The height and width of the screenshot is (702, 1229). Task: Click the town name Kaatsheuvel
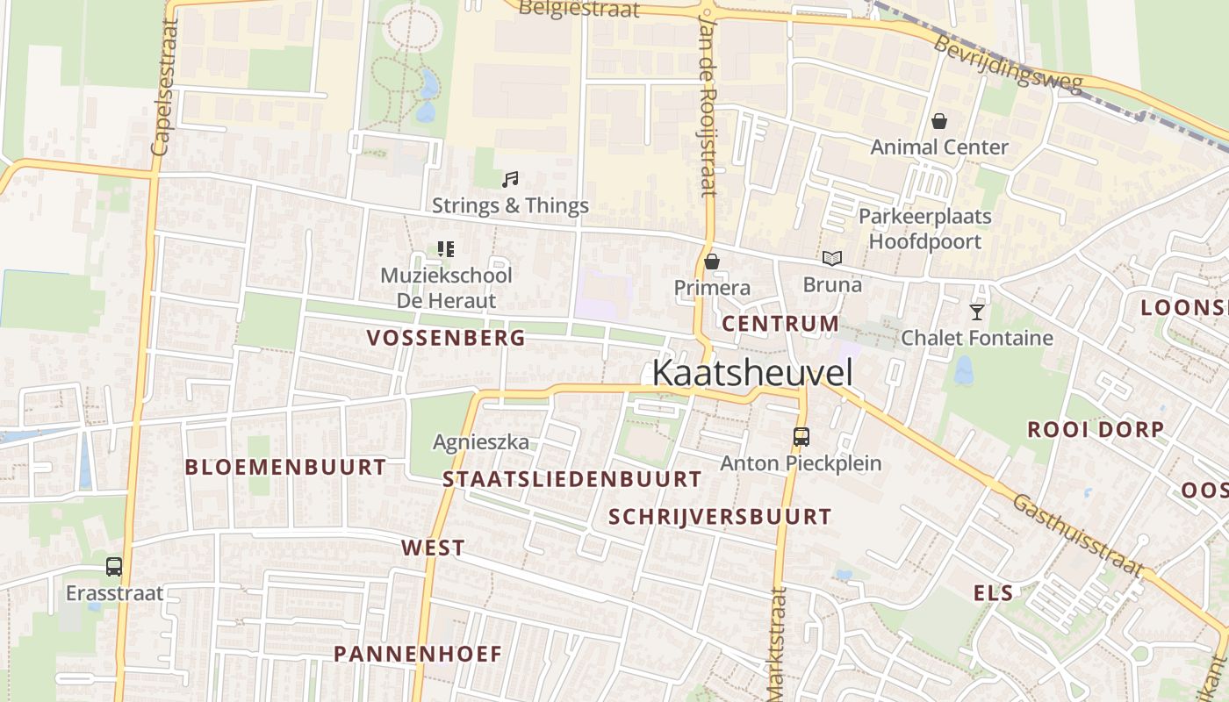(752, 373)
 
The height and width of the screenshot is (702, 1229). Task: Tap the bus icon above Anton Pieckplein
(801, 436)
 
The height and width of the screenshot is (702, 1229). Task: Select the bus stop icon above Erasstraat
(114, 567)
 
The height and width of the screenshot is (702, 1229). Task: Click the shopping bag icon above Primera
(712, 261)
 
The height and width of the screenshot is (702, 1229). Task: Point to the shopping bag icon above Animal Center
(939, 120)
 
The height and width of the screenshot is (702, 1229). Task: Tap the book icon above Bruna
(831, 258)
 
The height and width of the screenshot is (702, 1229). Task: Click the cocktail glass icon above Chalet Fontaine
(976, 312)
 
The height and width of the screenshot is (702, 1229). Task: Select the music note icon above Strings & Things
(509, 180)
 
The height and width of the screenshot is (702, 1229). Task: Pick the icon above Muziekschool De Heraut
(446, 249)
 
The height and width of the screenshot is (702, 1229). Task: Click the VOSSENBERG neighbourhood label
(446, 337)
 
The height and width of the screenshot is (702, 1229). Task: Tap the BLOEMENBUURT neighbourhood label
(285, 467)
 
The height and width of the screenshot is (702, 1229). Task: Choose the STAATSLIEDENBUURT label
(572, 479)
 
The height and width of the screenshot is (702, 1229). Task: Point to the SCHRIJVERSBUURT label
(720, 517)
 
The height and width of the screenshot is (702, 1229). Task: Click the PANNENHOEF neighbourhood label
(418, 654)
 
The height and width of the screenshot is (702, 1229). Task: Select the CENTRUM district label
(780, 324)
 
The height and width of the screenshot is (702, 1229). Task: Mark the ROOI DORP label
(1096, 430)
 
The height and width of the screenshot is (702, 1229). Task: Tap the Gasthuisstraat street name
(1079, 534)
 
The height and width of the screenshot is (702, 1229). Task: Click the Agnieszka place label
(481, 442)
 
